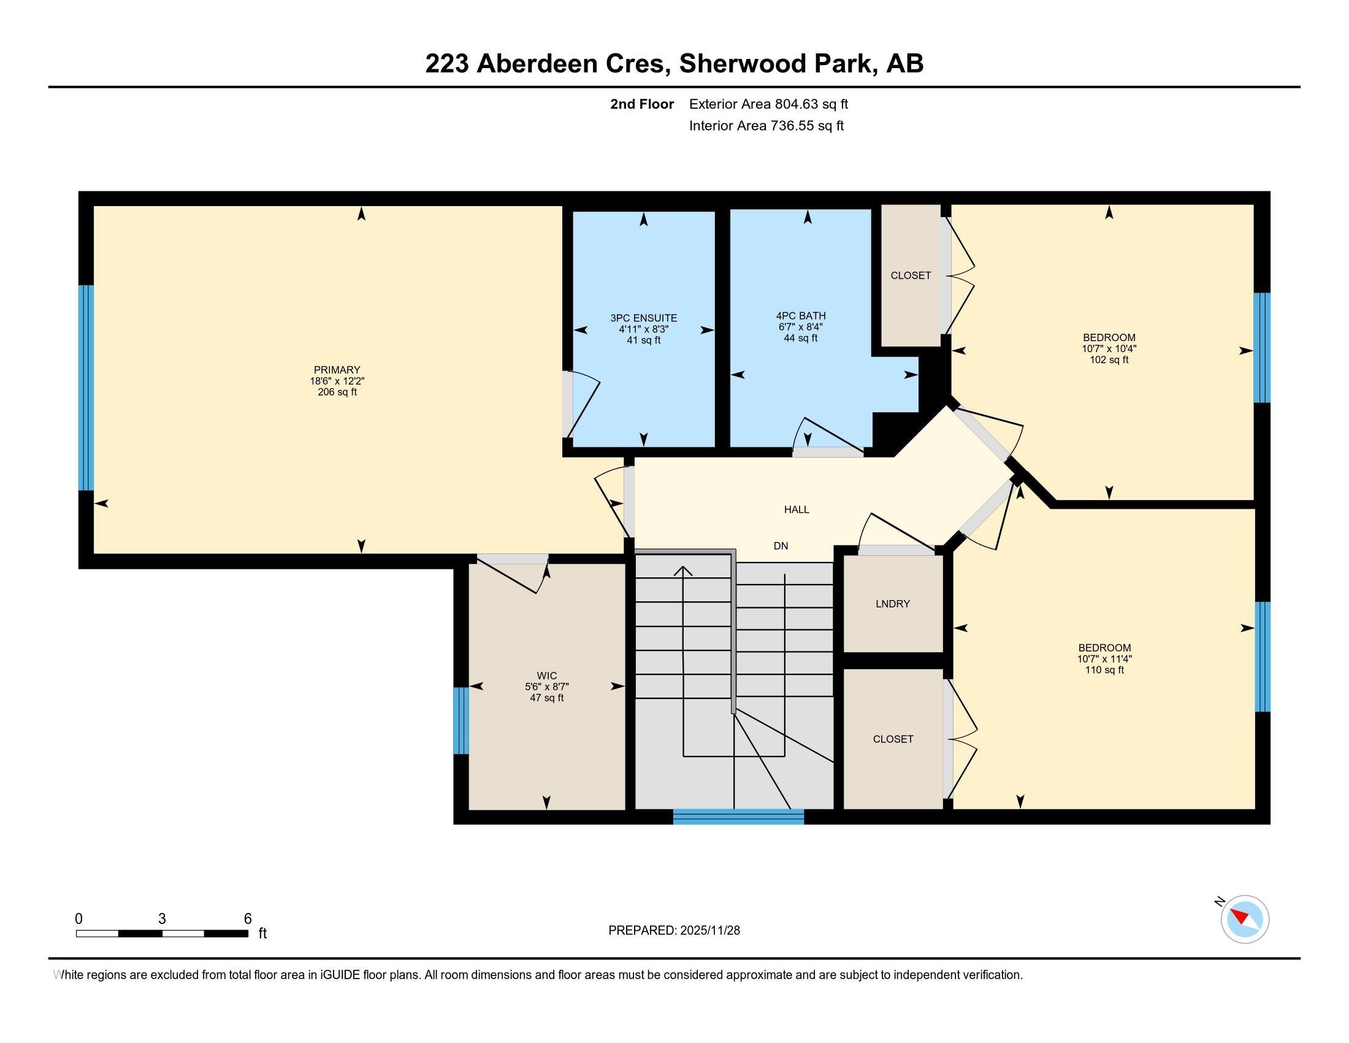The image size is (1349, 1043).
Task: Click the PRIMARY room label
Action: pos(337,370)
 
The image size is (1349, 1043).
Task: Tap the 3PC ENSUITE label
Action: pos(644,318)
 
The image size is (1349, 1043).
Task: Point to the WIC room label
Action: pos(546,676)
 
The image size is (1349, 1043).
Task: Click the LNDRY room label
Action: pos(893,604)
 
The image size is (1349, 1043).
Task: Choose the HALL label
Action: pos(797,510)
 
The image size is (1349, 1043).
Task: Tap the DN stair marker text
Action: pos(781,545)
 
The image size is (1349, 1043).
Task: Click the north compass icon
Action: pos(1244,919)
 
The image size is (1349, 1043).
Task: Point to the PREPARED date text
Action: pos(674,931)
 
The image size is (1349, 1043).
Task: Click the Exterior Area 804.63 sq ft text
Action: pos(768,104)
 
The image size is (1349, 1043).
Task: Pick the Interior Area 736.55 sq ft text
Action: pos(766,126)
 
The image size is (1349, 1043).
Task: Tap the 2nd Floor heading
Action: pos(642,104)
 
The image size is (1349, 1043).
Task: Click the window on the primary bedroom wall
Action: pos(86,387)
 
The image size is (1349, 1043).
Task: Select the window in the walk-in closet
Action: pos(460,721)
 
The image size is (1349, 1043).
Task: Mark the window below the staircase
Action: pos(739,817)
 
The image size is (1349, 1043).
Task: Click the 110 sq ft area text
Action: pos(1104,670)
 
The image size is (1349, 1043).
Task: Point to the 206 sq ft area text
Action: pos(337,392)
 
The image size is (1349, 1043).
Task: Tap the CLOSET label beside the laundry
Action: pos(893,739)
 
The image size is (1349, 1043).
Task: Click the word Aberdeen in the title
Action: pos(536,64)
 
